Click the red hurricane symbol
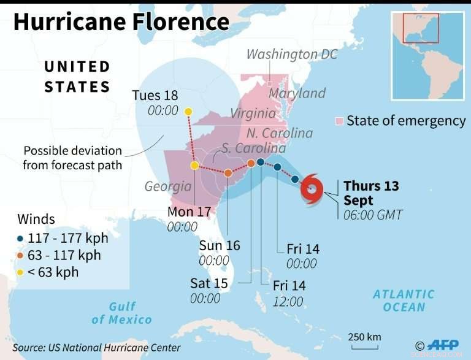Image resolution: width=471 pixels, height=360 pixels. pos(312,190)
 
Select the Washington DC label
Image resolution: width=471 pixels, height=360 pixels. pos(292,55)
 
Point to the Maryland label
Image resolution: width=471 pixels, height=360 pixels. pos(297,93)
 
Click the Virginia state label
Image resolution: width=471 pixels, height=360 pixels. pos(253,113)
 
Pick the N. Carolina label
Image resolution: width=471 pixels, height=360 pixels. pos(280,133)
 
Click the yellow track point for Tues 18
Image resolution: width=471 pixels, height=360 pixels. pos(188,112)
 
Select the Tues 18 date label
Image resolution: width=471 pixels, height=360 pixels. pos(155,95)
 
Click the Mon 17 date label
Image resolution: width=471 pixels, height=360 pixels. pos(190,212)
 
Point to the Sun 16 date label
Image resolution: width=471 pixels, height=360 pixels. pos(220,246)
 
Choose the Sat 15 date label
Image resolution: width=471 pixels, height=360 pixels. pos(209,283)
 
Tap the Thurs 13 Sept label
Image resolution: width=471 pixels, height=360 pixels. pos(371,193)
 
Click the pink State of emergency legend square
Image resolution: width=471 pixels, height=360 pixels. pos(339,121)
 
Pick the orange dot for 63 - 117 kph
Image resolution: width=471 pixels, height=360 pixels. pos(21,256)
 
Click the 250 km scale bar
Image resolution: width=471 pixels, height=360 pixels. pos(364,345)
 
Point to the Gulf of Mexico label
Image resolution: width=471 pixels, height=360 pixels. pos(121,313)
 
